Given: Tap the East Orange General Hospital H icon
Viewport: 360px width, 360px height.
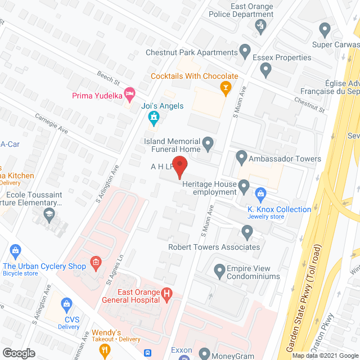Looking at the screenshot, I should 166,293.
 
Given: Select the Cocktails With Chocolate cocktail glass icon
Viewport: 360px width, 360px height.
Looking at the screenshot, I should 226,88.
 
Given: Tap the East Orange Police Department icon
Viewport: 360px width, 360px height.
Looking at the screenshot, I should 260,25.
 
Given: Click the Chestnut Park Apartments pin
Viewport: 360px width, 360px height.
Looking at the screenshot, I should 245,52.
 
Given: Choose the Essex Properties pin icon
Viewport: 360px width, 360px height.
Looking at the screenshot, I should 266,70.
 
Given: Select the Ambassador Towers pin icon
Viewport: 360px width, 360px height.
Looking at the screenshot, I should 241,156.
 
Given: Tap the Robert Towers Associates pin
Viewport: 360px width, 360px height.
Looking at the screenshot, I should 246,231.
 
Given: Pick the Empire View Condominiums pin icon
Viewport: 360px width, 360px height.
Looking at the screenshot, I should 220,272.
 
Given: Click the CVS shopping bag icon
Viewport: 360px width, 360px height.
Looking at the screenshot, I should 66,304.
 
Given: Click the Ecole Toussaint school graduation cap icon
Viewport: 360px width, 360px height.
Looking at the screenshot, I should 49,214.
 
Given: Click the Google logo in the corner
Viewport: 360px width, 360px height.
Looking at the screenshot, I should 19,353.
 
